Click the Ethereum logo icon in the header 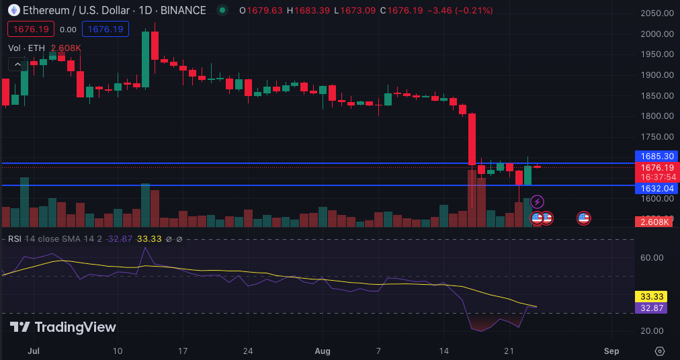[x=14, y=11]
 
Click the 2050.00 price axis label [x=656, y=13]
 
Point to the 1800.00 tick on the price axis [x=656, y=116]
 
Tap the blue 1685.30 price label [x=656, y=156]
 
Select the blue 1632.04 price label [x=656, y=189]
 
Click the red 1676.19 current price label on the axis [x=656, y=167]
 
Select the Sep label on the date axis [x=611, y=351]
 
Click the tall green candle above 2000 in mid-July [x=145, y=59]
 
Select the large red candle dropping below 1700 [x=472, y=139]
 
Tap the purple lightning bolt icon [x=537, y=201]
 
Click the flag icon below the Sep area [x=583, y=218]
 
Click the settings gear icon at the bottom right [x=659, y=351]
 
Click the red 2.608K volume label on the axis [x=656, y=222]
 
